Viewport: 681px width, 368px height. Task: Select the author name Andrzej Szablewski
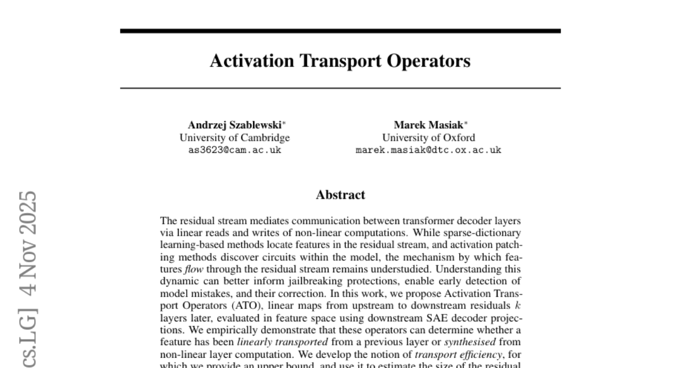pos(232,124)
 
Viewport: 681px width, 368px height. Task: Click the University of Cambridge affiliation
pos(234,137)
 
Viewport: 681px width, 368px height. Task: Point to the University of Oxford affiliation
pos(428,137)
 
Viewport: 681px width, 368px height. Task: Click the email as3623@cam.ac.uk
pos(234,150)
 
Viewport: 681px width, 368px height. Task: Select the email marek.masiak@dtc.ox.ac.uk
pos(428,150)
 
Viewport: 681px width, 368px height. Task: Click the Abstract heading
pos(340,195)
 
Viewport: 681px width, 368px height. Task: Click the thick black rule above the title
pos(340,31)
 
